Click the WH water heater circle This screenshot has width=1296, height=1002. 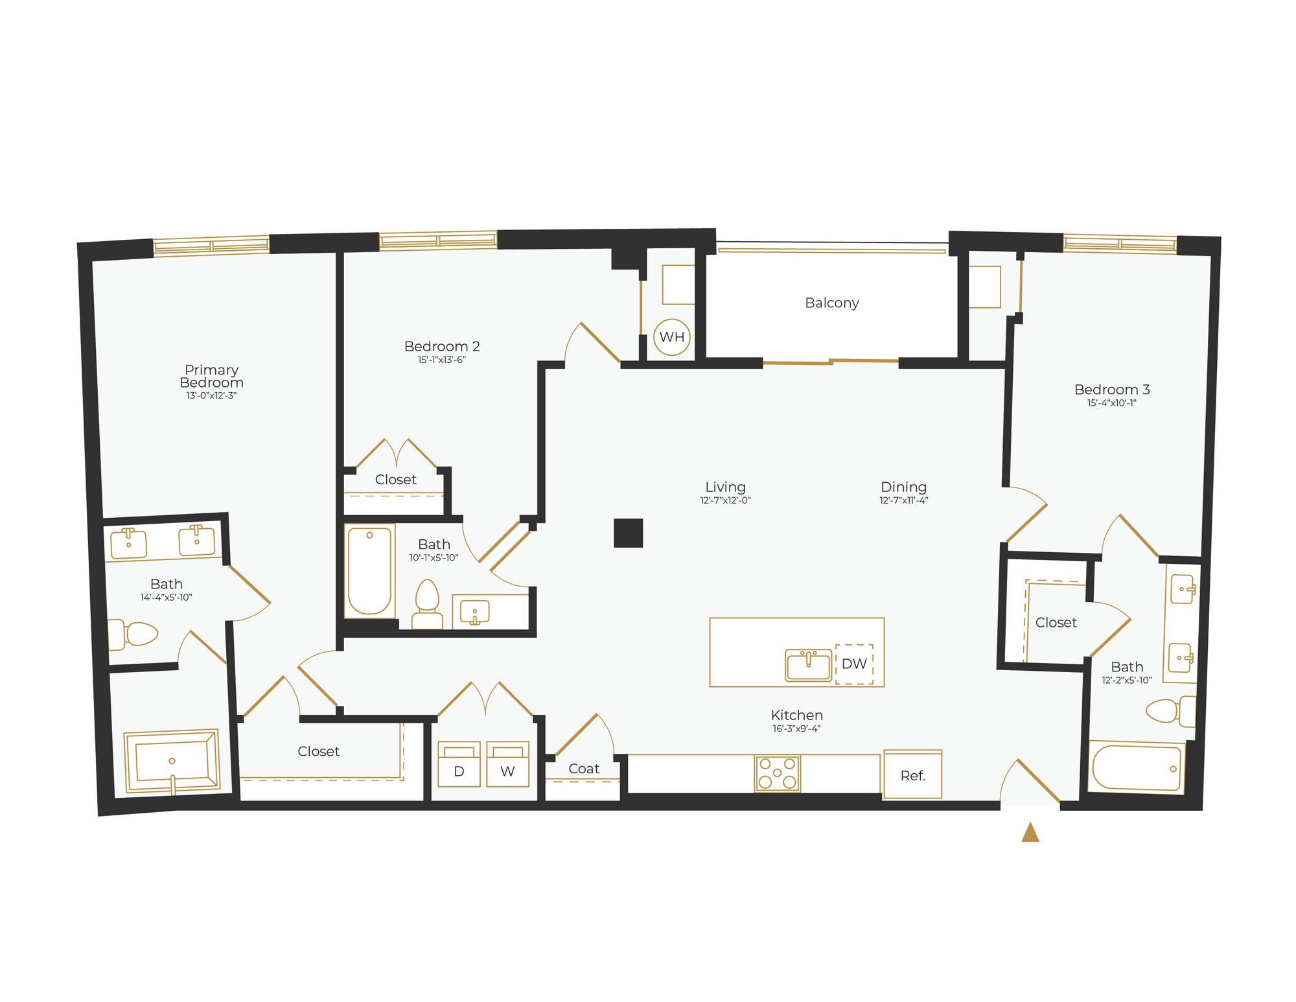tap(671, 337)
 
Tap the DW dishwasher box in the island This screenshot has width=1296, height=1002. tap(854, 664)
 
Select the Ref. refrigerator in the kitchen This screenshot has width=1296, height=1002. tap(912, 775)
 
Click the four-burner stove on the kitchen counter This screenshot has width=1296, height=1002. tap(777, 773)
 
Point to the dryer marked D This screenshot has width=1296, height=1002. tap(459, 764)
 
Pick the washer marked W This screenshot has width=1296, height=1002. tap(507, 764)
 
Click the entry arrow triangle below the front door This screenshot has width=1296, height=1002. tap(1030, 833)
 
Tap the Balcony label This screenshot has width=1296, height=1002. tap(831, 303)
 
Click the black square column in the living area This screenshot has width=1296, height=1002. tap(628, 533)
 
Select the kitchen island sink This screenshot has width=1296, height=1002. tap(808, 666)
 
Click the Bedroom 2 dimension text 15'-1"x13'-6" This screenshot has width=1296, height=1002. tap(441, 360)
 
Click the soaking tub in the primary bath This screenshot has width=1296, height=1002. tap(172, 762)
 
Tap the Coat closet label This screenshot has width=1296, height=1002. tap(583, 769)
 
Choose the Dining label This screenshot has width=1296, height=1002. tap(903, 487)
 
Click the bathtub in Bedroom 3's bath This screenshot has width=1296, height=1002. tap(1137, 767)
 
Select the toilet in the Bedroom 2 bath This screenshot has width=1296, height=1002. tap(427, 603)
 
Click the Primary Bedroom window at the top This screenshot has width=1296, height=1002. tap(211, 246)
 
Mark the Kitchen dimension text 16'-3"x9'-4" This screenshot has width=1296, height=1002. tap(796, 728)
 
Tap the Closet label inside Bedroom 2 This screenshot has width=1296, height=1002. tap(395, 480)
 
